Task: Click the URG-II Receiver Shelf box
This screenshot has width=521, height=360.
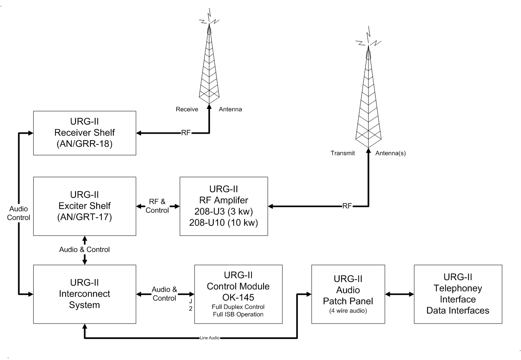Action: [x=84, y=133]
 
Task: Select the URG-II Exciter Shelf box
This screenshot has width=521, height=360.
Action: [x=84, y=206]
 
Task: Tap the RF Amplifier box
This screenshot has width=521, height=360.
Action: [x=224, y=206]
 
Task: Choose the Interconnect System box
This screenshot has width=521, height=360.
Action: [x=84, y=294]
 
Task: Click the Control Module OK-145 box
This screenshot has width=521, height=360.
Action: [x=238, y=294]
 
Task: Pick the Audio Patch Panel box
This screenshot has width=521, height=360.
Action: [x=348, y=294]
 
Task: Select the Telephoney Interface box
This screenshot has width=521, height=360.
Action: [x=458, y=294]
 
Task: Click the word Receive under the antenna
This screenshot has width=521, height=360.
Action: [x=187, y=109]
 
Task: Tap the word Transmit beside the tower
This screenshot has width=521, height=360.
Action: [x=342, y=153]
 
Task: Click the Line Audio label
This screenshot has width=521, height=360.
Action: [x=210, y=338]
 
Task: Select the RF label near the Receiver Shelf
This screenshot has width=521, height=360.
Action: [x=186, y=133]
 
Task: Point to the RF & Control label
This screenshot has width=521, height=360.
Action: [x=157, y=206]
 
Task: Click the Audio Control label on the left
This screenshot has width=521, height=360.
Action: [x=19, y=213]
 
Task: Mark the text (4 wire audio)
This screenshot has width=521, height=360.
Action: [x=348, y=311]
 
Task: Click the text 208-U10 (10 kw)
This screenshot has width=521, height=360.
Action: [x=224, y=222]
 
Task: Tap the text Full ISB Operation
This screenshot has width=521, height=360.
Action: [x=238, y=314]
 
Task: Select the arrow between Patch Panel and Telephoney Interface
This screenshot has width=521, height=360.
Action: [x=399, y=294]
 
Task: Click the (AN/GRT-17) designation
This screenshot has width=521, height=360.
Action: [x=84, y=217]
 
